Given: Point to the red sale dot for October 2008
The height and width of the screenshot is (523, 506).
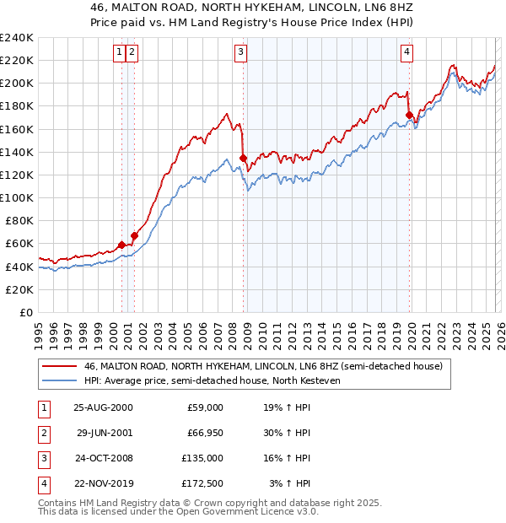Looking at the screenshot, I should pyautogui.click(x=244, y=158).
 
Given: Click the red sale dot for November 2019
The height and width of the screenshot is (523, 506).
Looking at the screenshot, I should pyautogui.click(x=409, y=115).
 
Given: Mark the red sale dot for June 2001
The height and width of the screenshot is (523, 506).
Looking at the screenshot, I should pyautogui.click(x=134, y=235).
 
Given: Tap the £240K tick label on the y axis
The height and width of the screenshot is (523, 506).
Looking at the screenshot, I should pyautogui.click(x=17, y=38).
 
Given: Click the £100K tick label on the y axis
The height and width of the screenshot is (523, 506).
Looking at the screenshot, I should pyautogui.click(x=17, y=197).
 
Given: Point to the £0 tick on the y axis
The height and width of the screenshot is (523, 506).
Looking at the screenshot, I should pyautogui.click(x=25, y=312).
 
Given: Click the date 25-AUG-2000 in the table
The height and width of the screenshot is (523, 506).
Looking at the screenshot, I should pyautogui.click(x=103, y=407).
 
